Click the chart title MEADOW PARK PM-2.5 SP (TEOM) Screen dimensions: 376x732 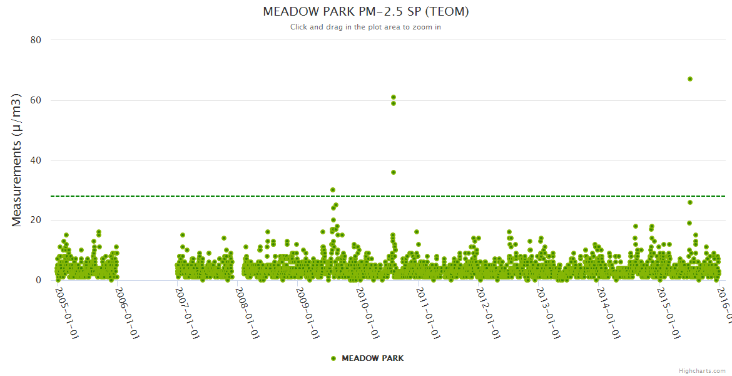click(x=366, y=12)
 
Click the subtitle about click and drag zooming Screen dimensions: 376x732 click(x=366, y=27)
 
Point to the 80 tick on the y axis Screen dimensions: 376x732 click(x=36, y=40)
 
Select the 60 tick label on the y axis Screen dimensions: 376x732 click(x=36, y=100)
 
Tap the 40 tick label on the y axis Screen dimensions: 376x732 click(x=36, y=160)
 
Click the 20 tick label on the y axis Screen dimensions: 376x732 click(x=36, y=221)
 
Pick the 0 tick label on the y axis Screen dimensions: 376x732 click(x=38, y=281)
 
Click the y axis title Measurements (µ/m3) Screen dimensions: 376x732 click(x=18, y=160)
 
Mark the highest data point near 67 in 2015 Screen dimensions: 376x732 click(x=690, y=79)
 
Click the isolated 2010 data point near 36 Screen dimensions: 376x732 click(x=394, y=172)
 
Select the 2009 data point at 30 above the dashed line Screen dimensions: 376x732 click(x=333, y=190)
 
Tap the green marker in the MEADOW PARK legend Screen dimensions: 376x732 click(x=333, y=358)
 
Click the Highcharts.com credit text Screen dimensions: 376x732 click(x=702, y=371)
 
